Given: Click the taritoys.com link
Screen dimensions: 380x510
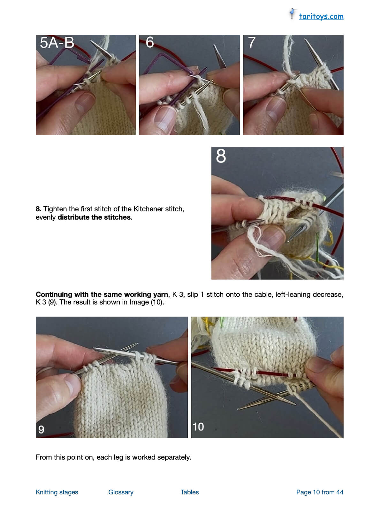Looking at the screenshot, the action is coord(321,17).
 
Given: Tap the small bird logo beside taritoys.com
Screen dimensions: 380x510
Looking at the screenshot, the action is coord(292,13).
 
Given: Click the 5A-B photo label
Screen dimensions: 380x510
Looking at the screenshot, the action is coord(57,42).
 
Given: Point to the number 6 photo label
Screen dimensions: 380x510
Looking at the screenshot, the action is coord(150,42).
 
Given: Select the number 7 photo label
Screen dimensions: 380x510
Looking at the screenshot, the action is coord(252,42).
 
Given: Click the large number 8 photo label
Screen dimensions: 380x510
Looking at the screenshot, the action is coord(221,156).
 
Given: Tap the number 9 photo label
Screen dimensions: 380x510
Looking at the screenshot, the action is coord(41,429).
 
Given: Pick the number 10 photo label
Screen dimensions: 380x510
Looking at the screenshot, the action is coord(198,427).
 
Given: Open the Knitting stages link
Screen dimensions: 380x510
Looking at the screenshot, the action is coord(57,492).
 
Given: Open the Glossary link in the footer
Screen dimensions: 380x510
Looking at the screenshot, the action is coord(121,492).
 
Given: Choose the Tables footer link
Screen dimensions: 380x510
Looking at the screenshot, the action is coord(190,492).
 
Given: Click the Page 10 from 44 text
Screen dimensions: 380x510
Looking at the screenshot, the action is coord(320,492).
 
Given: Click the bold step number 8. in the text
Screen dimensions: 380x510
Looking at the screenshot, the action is coord(38,209).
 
